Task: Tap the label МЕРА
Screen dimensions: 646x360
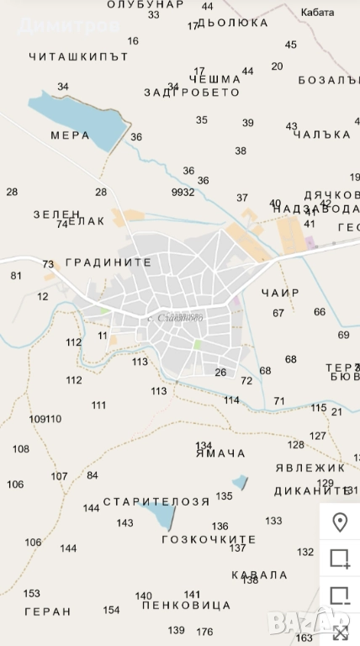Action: (70, 135)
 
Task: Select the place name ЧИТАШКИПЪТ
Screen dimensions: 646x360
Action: (78, 57)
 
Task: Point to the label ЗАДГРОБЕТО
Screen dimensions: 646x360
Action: (193, 93)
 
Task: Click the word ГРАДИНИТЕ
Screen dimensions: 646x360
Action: (109, 262)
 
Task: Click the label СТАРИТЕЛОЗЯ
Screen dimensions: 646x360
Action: (156, 502)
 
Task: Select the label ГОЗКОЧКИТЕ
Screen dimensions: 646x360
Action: (209, 539)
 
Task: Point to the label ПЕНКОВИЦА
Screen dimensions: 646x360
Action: (187, 605)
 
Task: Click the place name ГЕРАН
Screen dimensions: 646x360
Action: (48, 612)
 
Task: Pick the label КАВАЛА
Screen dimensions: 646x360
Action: (259, 575)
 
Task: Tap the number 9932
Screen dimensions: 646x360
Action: (183, 192)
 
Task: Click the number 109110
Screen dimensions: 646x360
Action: (45, 419)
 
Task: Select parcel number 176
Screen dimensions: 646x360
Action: (204, 631)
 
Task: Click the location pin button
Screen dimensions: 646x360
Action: (340, 522)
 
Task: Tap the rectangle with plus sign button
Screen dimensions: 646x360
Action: (340, 559)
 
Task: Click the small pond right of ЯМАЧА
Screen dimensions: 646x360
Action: (241, 481)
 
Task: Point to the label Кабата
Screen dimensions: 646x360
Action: (318, 13)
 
